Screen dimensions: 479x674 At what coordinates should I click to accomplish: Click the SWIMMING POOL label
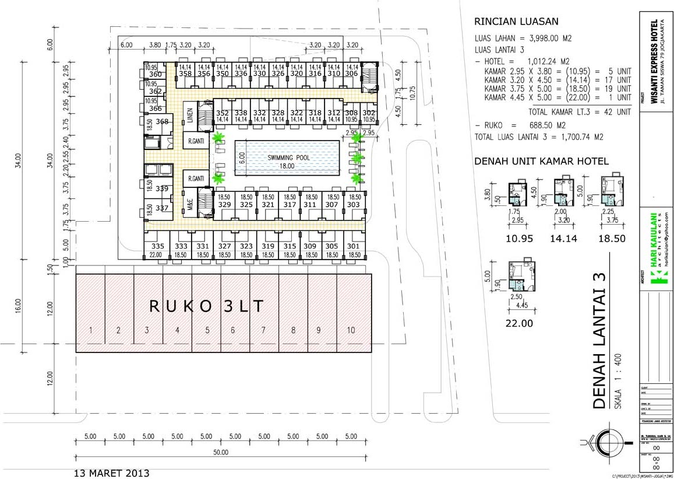(x=287, y=158)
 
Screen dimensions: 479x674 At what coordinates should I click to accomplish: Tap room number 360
(x=155, y=75)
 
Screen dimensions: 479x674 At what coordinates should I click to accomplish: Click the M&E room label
(x=190, y=205)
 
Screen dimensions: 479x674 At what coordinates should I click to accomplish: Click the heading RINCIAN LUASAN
(x=517, y=22)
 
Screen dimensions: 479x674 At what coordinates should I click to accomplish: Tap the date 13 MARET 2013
(x=112, y=473)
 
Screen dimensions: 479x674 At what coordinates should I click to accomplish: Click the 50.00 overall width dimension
(x=221, y=452)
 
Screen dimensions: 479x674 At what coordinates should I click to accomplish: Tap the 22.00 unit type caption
(x=518, y=323)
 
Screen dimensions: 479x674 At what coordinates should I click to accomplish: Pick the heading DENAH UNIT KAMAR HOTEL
(x=542, y=161)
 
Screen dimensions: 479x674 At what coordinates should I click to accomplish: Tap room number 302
(x=368, y=113)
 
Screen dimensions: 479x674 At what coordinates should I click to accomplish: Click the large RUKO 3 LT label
(x=206, y=306)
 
